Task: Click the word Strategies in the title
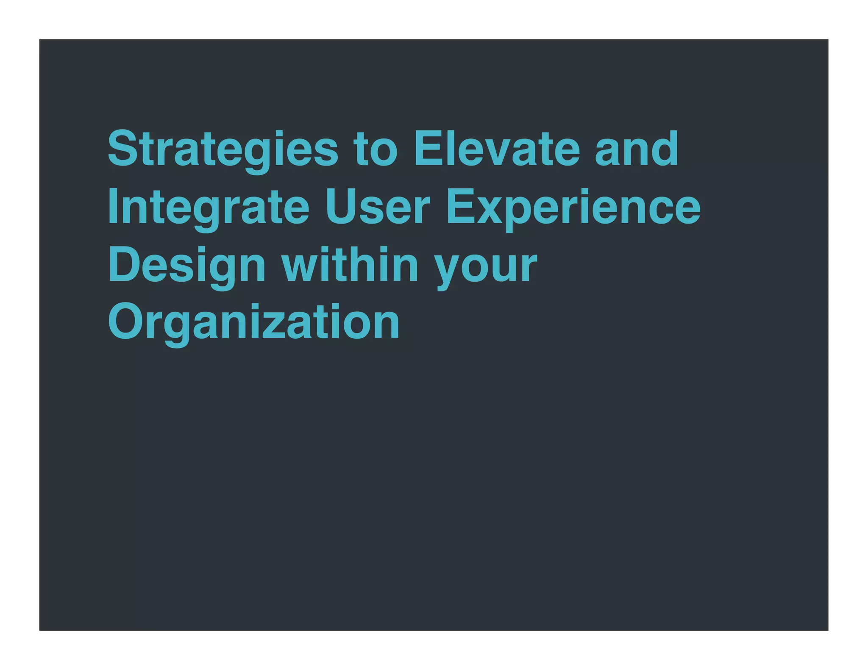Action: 223,149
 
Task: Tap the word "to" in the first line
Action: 376,149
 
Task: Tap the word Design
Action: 187,266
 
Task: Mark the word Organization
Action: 253,323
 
